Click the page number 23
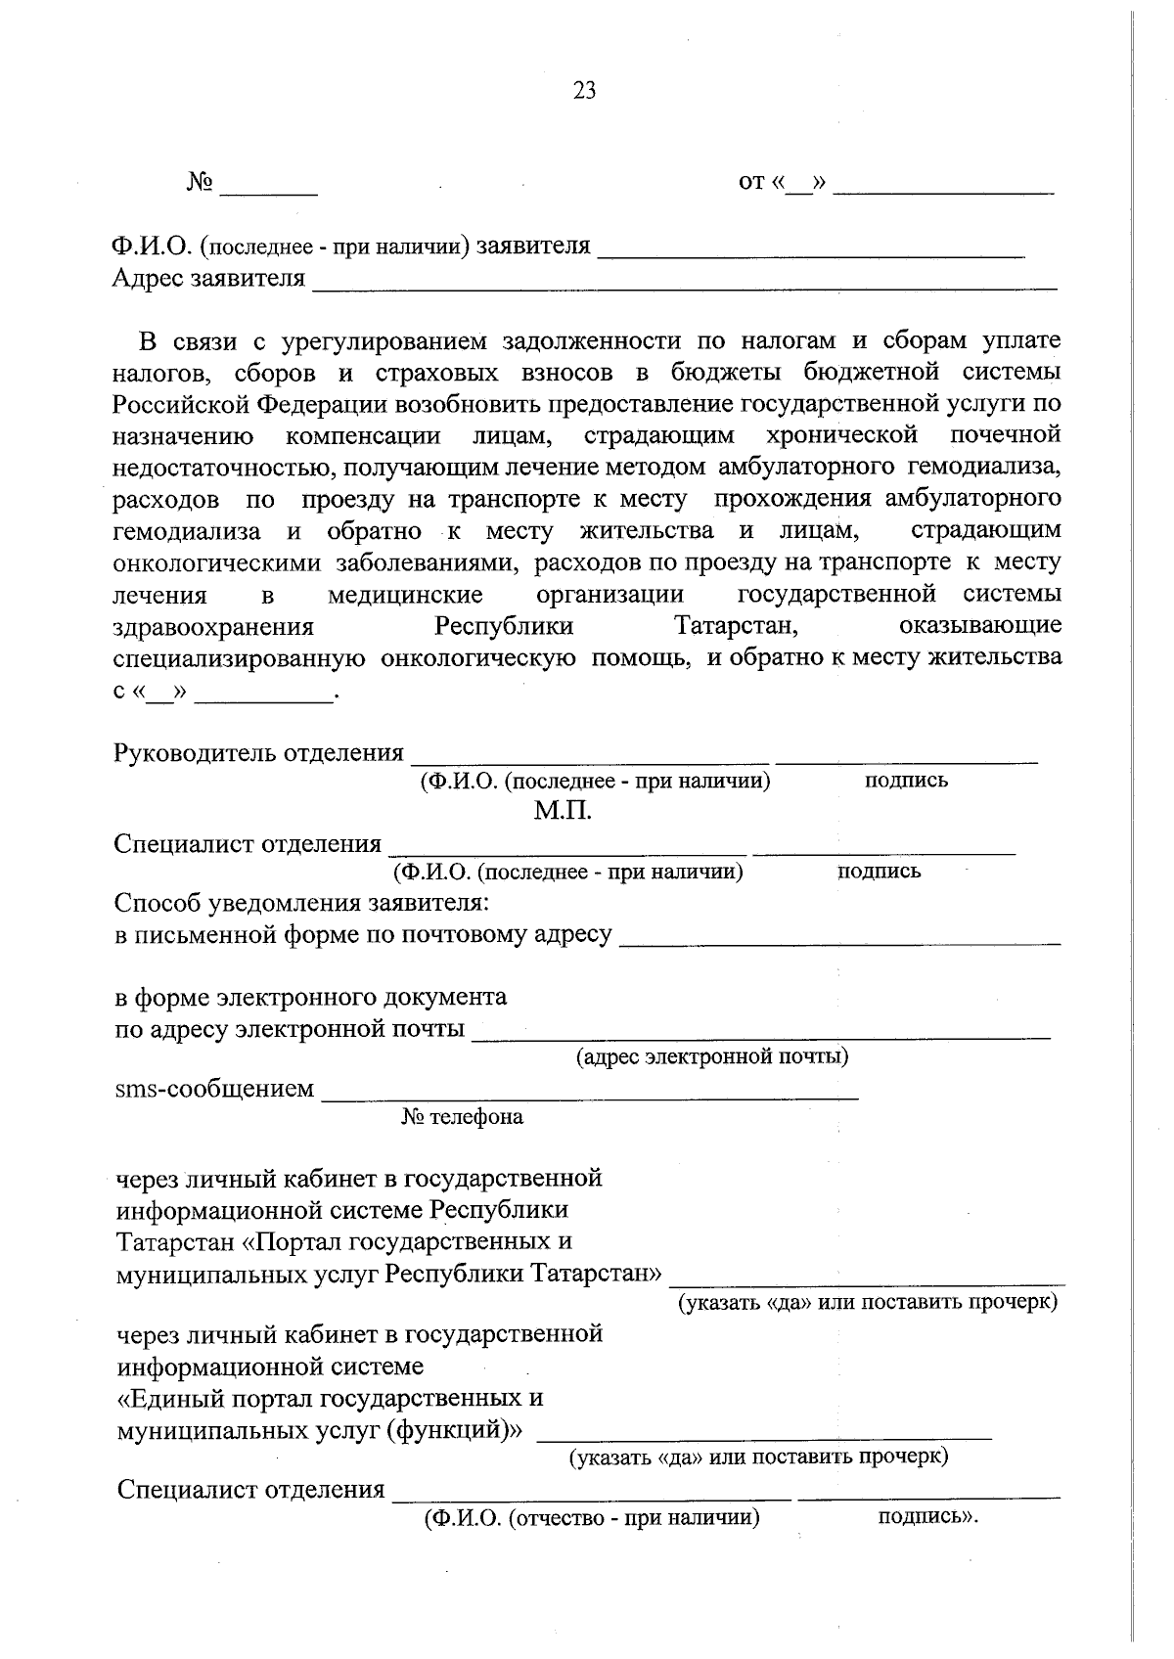click(x=584, y=91)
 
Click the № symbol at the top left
click(x=200, y=183)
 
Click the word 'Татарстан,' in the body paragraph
click(x=738, y=626)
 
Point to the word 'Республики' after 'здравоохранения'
click(x=504, y=626)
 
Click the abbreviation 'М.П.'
click(x=563, y=812)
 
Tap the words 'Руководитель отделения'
click(x=258, y=753)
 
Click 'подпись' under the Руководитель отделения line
click(x=906, y=781)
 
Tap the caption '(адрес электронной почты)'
click(x=711, y=1057)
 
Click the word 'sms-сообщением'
click(x=215, y=1089)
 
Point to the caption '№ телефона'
click(x=462, y=1117)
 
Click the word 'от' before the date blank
click(x=751, y=183)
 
